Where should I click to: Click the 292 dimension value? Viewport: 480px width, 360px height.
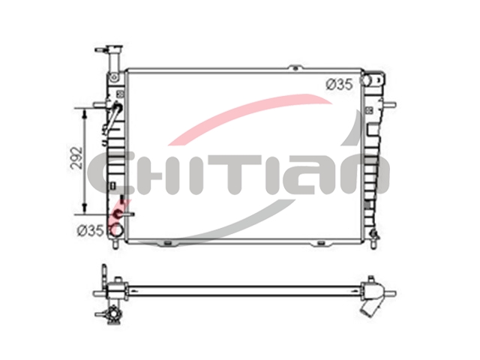tap(76, 158)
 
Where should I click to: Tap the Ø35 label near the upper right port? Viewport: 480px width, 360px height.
tap(339, 85)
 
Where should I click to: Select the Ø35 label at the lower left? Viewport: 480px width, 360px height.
tap(90, 230)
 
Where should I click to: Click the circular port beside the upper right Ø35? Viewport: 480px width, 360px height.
tap(366, 80)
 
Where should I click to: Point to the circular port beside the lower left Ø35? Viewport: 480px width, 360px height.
tap(116, 230)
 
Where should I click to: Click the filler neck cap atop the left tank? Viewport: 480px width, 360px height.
tap(114, 48)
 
